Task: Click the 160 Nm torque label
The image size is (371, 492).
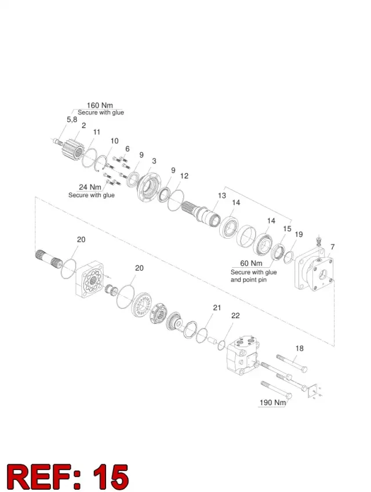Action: [x=100, y=105]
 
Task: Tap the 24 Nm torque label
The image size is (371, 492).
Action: [x=90, y=187]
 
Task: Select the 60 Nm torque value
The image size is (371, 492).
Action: [x=251, y=263]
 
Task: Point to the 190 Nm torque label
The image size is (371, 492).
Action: [x=273, y=402]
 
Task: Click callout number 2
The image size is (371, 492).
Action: [x=83, y=126]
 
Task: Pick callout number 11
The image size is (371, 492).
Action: [x=97, y=132]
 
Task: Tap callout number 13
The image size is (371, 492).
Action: [x=222, y=195]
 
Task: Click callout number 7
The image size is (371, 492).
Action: [x=332, y=247]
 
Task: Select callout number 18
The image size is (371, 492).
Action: [x=300, y=348]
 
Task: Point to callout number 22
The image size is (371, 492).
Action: [x=235, y=316]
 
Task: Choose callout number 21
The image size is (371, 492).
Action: [x=217, y=308]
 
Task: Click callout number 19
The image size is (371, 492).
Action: [x=299, y=234]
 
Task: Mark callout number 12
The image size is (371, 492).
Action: [x=184, y=176]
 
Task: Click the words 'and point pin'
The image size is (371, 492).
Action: [x=249, y=279]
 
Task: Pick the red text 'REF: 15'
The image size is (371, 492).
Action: [x=67, y=476]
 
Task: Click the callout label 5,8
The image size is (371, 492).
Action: [x=72, y=119]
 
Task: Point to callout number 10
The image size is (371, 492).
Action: [x=114, y=141]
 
